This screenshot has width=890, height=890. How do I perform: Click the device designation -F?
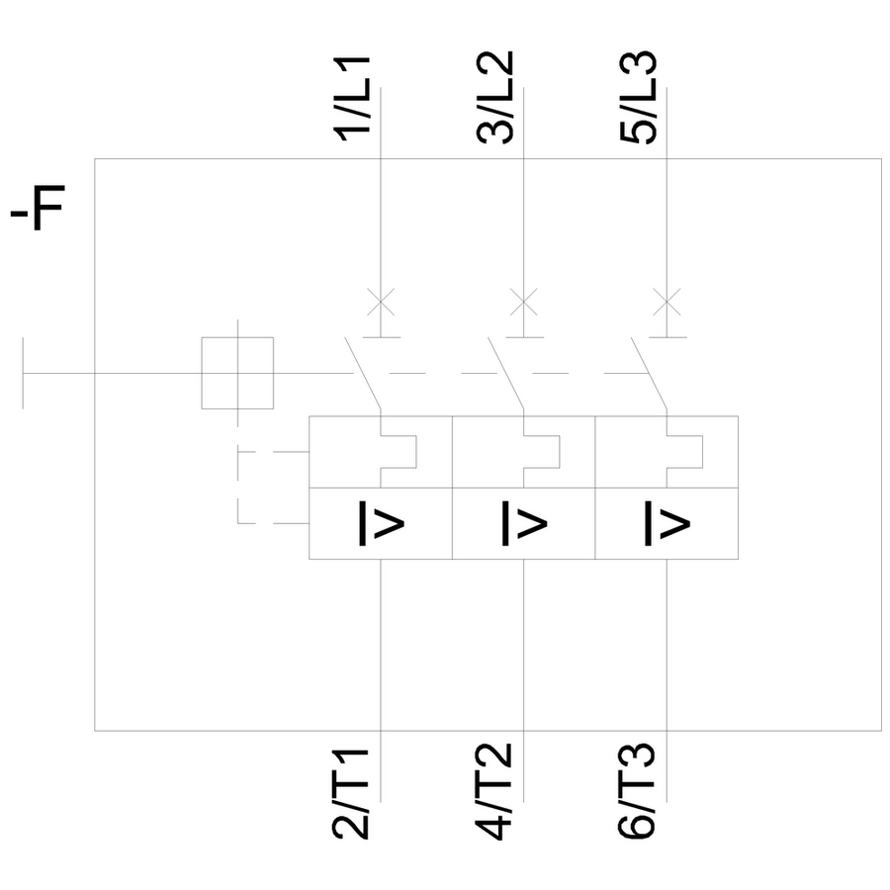pyautogui.click(x=37, y=212)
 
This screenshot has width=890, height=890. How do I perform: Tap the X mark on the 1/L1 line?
pyautogui.click(x=381, y=300)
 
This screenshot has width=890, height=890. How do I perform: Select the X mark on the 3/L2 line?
pyautogui.click(x=523, y=300)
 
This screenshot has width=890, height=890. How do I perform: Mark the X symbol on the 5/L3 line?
pyautogui.click(x=667, y=300)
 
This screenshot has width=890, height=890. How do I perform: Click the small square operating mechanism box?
pyautogui.click(x=237, y=373)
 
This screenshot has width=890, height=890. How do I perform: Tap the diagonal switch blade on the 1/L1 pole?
pyautogui.click(x=364, y=374)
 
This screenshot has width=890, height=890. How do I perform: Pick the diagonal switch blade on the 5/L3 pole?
pyautogui.click(x=650, y=374)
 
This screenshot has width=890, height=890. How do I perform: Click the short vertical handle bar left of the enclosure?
pyautogui.click(x=24, y=373)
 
